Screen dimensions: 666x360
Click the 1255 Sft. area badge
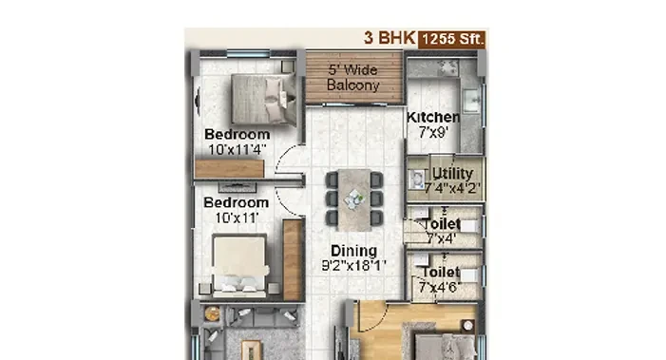click(x=452, y=39)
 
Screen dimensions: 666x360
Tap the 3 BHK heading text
click(x=390, y=38)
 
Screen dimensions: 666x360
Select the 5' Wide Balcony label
click(x=353, y=78)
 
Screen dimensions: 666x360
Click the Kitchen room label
click(x=433, y=117)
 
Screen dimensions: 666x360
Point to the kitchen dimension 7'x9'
click(x=433, y=132)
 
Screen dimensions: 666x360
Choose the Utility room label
click(x=452, y=173)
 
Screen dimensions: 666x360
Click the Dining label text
click(x=353, y=251)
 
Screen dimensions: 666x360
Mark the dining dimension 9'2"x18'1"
click(x=353, y=266)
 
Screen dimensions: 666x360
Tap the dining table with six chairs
click(x=354, y=199)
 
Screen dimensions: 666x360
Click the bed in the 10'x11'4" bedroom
click(x=264, y=100)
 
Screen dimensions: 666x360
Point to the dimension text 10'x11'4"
click(x=238, y=149)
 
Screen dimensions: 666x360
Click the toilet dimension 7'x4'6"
click(x=440, y=288)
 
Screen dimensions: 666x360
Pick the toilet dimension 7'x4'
click(x=442, y=238)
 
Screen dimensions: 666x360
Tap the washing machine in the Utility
click(x=417, y=180)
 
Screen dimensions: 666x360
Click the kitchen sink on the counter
click(x=470, y=100)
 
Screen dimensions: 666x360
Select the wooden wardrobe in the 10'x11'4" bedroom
click(x=229, y=168)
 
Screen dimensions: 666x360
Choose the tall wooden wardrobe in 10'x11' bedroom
click(x=293, y=260)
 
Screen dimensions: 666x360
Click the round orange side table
click(x=212, y=314)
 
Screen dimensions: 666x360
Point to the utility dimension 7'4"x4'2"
click(x=452, y=188)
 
